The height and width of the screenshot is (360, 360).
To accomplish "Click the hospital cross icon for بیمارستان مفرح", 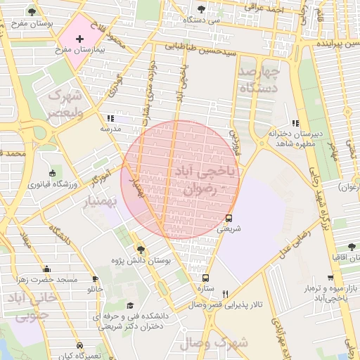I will coord(79,39).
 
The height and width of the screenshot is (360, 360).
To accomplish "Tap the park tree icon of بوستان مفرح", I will coord(32,12).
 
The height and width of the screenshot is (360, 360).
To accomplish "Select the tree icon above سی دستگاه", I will coord(202,9).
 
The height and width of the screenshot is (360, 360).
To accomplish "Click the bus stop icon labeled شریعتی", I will coord(229,218).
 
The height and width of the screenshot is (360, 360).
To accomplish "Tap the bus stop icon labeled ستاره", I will coord(205,278).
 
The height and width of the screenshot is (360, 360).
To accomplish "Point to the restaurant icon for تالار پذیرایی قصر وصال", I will coord(225,294).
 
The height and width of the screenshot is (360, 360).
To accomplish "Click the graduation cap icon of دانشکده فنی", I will coord(130,305).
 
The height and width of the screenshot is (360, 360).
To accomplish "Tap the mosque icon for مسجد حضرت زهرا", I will coord(46,269).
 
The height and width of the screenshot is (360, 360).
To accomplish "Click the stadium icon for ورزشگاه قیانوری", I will coord(53,174).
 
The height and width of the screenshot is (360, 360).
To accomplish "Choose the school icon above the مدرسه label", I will coord(110,119).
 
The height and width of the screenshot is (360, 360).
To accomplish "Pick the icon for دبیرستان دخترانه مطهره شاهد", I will coord(295,122).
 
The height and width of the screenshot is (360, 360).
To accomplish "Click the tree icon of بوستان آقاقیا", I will coord(352,247).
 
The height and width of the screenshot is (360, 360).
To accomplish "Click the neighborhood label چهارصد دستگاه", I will coord(259,81).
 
